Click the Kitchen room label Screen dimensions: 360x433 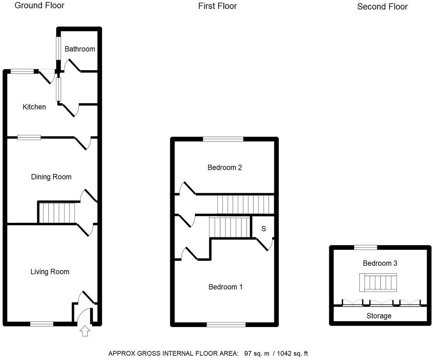[x=34, y=107]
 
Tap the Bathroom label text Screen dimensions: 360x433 [x=80, y=49]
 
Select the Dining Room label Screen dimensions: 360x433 [x=51, y=177]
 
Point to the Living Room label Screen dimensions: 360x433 [x=50, y=272]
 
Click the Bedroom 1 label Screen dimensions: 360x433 [x=225, y=287]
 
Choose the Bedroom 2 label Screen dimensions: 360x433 [x=224, y=167]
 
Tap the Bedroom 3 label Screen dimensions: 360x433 [x=380, y=263]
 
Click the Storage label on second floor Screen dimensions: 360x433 [x=379, y=316]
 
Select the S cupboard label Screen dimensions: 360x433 [x=263, y=229]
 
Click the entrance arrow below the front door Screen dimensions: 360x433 [x=85, y=331]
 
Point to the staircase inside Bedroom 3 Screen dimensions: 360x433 [x=378, y=283]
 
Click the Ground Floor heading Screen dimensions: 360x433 [x=39, y=5]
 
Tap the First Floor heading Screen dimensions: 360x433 [x=217, y=6]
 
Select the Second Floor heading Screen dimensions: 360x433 [x=382, y=7]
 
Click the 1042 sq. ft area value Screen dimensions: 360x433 [x=292, y=353]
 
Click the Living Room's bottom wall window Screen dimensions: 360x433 [x=42, y=324]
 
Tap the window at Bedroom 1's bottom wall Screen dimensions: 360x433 [x=226, y=325]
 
